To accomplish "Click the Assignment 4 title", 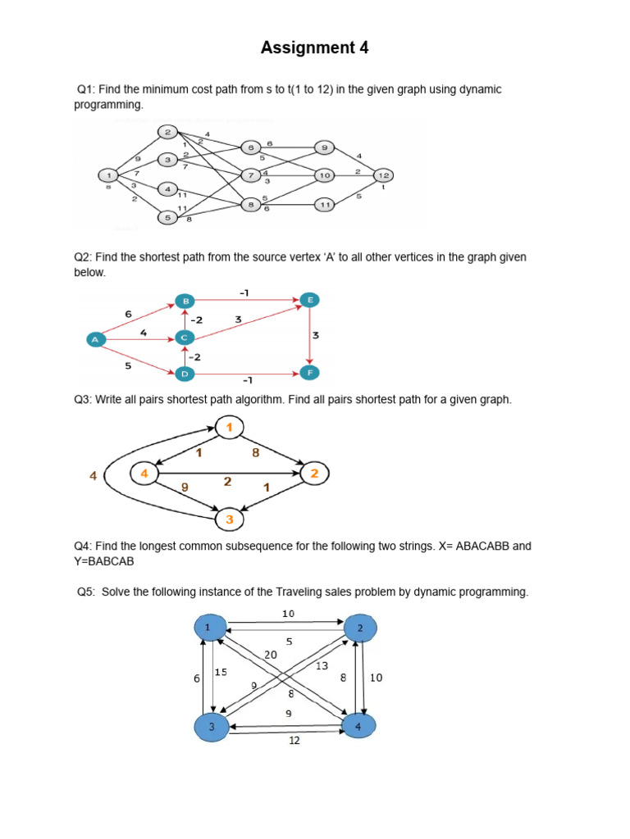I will (314, 48).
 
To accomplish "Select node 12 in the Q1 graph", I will (383, 175).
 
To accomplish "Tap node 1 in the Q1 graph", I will (107, 175).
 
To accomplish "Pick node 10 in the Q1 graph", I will (325, 175).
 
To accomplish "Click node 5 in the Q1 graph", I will (167, 218).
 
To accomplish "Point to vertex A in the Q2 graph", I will (96, 338).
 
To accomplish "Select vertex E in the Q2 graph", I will (310, 300).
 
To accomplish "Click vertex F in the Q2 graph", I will (309, 373).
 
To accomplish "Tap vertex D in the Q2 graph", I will (185, 374).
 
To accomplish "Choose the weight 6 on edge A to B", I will (128, 314).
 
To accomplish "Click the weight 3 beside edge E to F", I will (316, 336).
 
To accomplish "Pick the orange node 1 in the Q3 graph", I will (230, 427).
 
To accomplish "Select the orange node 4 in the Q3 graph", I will (144, 474).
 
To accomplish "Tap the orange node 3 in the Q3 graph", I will (230, 519).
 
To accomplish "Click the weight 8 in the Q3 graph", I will (256, 451).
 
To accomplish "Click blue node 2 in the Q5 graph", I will (360, 628).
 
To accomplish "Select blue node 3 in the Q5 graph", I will (211, 727).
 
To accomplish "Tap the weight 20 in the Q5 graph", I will (271, 655).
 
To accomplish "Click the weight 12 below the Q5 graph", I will (294, 741).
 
